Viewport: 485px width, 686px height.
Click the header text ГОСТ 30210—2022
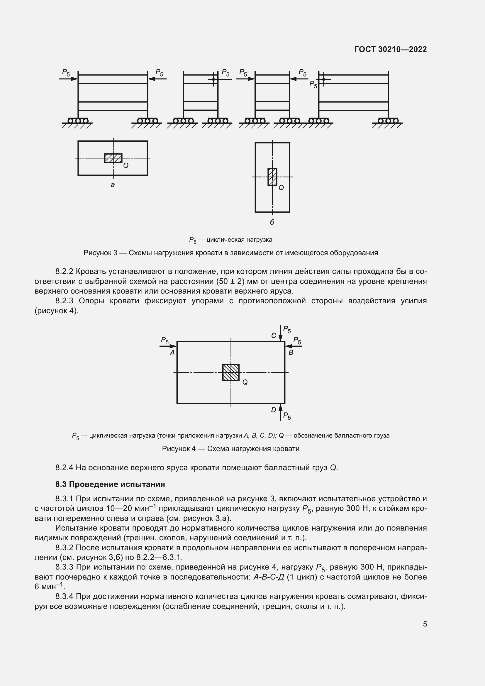390,49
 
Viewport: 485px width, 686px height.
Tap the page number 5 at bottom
425,624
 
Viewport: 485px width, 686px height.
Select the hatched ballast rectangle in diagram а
113,158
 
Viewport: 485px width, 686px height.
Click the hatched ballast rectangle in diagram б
272,177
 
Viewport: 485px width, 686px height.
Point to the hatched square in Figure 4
231,372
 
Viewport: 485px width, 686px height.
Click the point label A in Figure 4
172,353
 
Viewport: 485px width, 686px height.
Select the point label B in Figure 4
291,353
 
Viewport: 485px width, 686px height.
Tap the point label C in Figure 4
274,336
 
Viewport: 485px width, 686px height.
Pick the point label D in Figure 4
274,410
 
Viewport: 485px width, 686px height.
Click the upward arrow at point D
280,412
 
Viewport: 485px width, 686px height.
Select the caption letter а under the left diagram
113,185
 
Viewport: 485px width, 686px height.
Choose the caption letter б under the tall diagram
272,222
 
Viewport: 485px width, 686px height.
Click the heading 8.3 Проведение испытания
110,484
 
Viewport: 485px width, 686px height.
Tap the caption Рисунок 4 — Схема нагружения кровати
230,449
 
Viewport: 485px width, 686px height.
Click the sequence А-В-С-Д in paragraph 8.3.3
269,577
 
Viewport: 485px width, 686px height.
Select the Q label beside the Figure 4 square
245,382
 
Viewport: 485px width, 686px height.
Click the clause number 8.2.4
64,468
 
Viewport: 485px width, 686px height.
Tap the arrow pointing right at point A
168,346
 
